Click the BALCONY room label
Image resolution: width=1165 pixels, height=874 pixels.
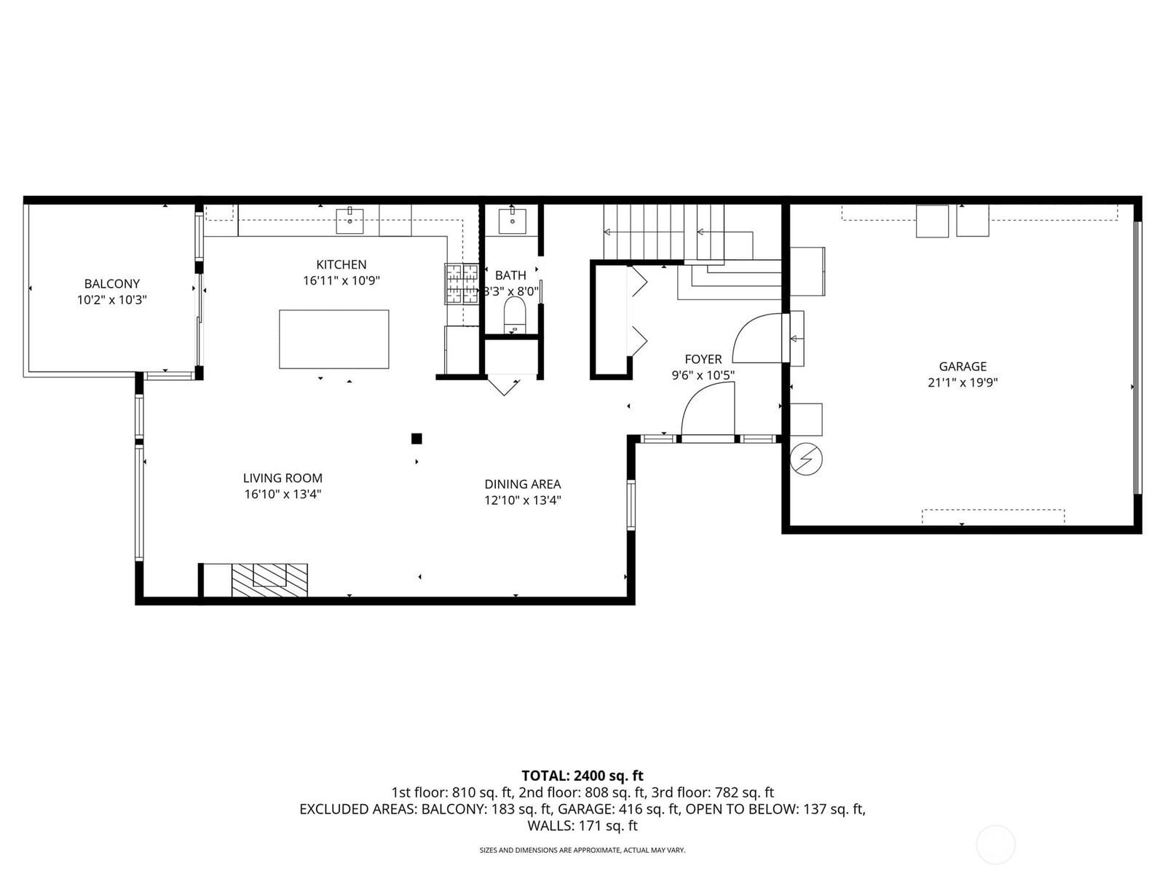[111, 284]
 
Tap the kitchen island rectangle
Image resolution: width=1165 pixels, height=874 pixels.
[333, 339]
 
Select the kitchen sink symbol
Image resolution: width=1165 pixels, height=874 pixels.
[349, 220]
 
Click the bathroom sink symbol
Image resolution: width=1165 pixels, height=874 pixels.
[512, 219]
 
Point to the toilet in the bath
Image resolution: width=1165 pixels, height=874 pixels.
[515, 315]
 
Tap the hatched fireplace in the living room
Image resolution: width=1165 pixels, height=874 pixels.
[269, 580]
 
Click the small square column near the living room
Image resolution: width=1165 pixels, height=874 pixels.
[416, 438]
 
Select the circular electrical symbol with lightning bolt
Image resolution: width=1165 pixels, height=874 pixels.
[806, 459]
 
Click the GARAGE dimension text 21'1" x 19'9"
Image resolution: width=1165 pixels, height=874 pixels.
[962, 382]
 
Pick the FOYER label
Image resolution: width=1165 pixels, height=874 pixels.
[703, 359]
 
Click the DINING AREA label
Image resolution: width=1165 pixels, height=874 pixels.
[522, 484]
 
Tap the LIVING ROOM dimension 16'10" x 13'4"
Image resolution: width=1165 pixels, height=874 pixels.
[283, 495]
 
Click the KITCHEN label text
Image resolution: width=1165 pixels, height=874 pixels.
[341, 264]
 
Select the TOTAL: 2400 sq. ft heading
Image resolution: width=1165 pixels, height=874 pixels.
[582, 776]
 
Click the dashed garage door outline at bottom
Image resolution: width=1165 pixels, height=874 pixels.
[992, 516]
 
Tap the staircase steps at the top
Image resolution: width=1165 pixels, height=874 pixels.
[663, 229]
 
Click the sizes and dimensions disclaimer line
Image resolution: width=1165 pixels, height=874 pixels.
[582, 850]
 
